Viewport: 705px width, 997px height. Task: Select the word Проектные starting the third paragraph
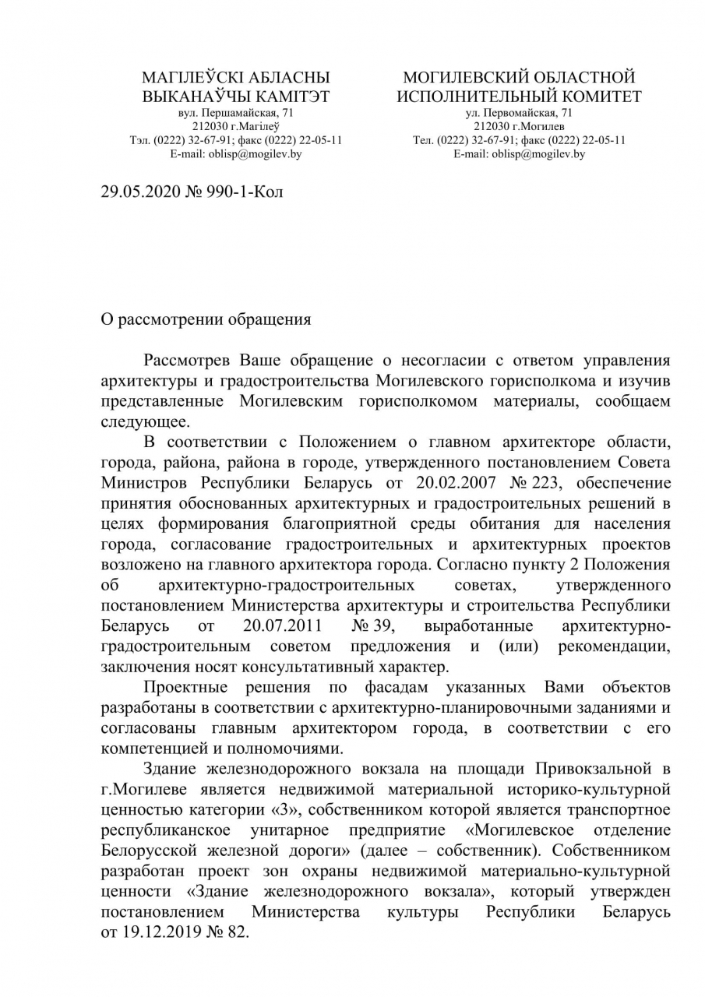pos(185,688)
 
